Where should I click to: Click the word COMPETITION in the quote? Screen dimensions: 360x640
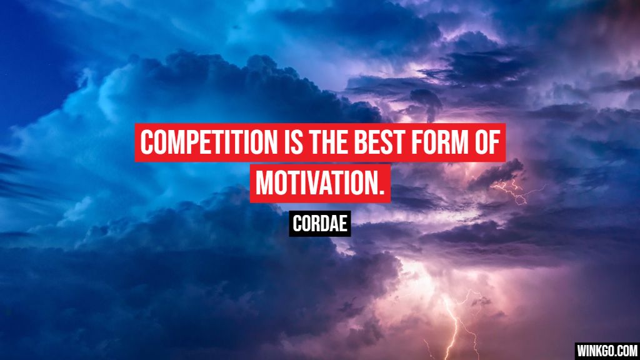coord(203,143)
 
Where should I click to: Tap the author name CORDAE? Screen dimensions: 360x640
coord(320,224)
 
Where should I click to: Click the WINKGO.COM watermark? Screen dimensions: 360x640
coord(606,350)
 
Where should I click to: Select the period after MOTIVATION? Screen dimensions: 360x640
coord(381,191)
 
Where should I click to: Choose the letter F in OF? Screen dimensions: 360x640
coord(493,143)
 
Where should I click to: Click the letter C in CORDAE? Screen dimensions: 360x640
coord(297,224)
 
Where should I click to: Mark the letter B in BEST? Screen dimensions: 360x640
coord(361,143)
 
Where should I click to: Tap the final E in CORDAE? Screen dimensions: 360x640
coord(344,224)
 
